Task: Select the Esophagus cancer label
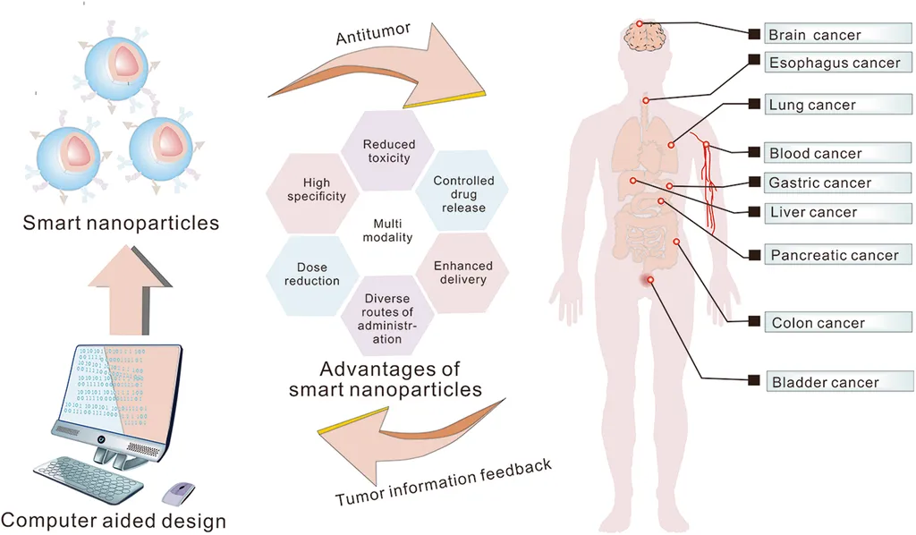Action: (x=833, y=64)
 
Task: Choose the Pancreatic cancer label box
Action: (x=833, y=255)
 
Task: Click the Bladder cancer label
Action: (x=824, y=382)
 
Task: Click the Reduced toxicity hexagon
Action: (x=386, y=151)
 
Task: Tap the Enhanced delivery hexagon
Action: (x=462, y=272)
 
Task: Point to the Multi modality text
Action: (x=387, y=230)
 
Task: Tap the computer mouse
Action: (x=180, y=491)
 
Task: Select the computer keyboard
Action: (x=88, y=478)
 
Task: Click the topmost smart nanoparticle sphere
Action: (x=119, y=69)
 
